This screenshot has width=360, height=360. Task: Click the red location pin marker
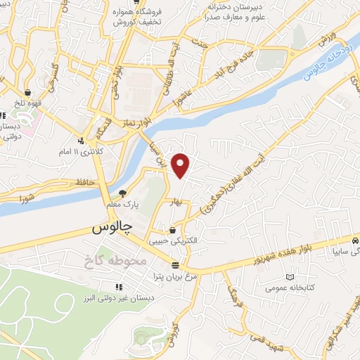click(181, 165)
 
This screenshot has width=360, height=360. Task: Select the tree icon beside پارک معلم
click(123, 193)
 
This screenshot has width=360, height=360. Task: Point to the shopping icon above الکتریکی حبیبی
click(173, 229)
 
